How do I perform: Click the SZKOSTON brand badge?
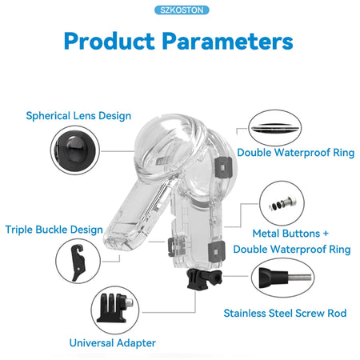182,10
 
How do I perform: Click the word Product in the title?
110,42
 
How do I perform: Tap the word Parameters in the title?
228,42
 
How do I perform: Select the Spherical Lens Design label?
78,116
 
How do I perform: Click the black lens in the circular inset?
75,150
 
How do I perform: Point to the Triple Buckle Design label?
54,230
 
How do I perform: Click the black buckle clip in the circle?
78,262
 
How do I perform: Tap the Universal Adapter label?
112,343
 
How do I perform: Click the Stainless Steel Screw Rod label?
285,313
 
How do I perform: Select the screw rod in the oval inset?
285,278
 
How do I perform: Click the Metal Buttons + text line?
290,234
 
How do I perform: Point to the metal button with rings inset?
282,203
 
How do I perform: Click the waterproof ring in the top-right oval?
274,128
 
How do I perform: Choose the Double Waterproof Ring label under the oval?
296,153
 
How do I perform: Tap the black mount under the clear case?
204,279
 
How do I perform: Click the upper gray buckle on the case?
223,167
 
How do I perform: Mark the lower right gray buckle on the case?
217,251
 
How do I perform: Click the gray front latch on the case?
176,246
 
